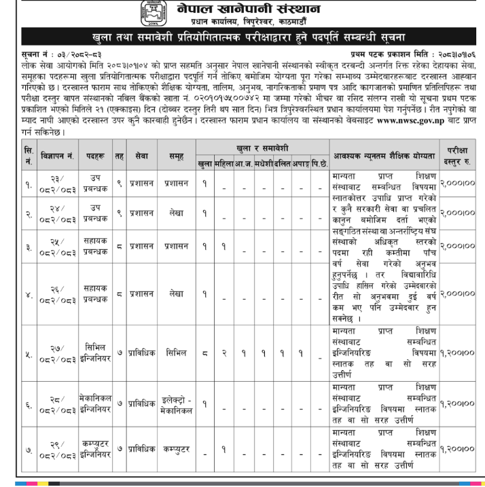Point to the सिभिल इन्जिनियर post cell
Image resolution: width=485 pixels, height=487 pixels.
(x=95, y=353)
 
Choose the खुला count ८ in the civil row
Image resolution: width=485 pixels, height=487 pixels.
(x=204, y=353)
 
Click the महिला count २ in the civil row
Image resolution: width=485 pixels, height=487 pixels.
(x=223, y=353)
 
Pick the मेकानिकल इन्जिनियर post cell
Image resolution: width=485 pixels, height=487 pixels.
(x=95, y=406)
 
